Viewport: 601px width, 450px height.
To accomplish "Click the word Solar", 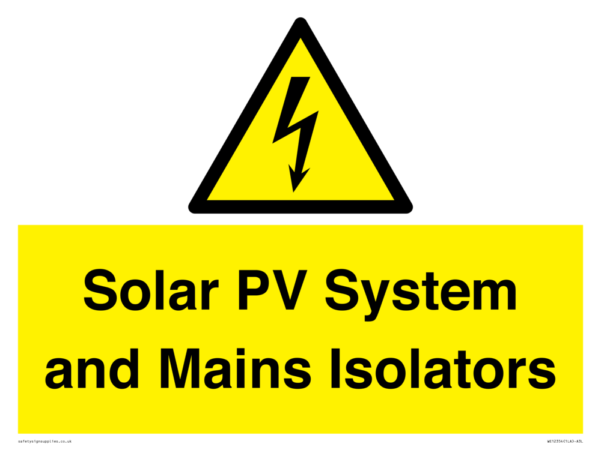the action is (151, 290).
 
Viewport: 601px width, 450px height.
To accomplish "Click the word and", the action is (92, 368).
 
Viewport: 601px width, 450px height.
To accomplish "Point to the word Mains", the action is (236, 368).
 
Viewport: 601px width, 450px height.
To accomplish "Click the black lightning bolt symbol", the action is (296, 134).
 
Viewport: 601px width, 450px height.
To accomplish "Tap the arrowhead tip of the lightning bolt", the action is (294, 192).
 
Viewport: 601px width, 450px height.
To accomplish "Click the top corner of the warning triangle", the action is (300, 18).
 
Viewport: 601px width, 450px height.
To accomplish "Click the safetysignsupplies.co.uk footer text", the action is (45, 441).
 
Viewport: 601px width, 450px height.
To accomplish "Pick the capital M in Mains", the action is (181, 368).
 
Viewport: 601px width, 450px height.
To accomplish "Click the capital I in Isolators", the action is (336, 368).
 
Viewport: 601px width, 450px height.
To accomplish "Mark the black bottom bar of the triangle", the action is (300, 206).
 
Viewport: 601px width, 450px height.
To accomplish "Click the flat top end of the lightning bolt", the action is (300, 77).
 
